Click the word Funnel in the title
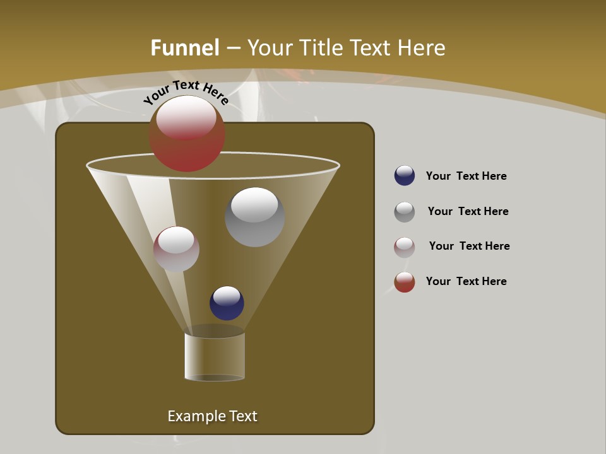tap(185, 48)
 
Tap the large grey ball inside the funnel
tap(254, 218)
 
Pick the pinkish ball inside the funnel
tap(176, 249)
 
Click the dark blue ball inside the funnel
tap(227, 303)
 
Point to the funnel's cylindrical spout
tap(215, 356)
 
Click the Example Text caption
tap(212, 416)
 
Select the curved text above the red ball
tap(186, 92)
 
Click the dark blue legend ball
tap(405, 175)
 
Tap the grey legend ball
tap(405, 212)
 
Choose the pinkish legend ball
tap(405, 247)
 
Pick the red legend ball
tap(405, 282)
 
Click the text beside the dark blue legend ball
tap(466, 176)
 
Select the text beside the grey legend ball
tap(468, 211)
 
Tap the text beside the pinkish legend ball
tap(469, 246)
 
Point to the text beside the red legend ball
tap(466, 281)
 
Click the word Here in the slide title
tap(422, 48)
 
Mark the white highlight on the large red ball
tap(186, 119)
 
